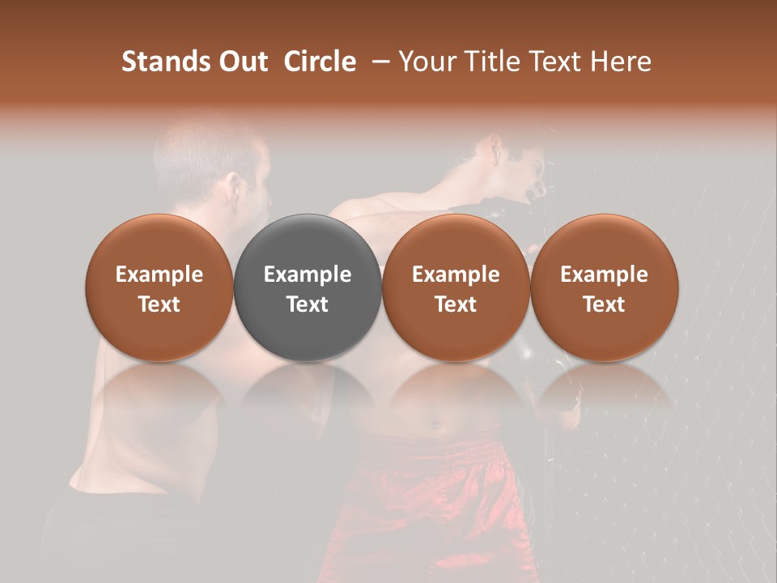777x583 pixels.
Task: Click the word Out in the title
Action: [x=242, y=62]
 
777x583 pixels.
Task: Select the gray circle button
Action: [x=308, y=287]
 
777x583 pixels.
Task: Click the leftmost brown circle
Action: [x=159, y=287]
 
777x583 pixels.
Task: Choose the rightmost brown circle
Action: [x=605, y=287]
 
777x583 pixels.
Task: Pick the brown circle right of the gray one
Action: [x=456, y=287]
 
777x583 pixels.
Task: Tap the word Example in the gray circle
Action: [x=308, y=274]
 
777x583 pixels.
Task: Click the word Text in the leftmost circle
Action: [x=159, y=304]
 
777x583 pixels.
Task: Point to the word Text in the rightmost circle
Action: [x=605, y=304]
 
